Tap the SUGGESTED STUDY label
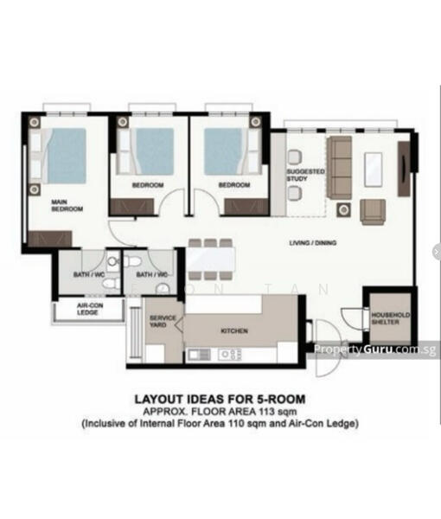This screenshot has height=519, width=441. point(305,175)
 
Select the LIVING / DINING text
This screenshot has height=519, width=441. point(313,243)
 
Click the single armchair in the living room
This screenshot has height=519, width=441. point(374,211)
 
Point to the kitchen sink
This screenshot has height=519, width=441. point(196,354)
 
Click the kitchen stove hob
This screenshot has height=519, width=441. point(230,354)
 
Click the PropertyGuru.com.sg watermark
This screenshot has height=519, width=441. point(374,349)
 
